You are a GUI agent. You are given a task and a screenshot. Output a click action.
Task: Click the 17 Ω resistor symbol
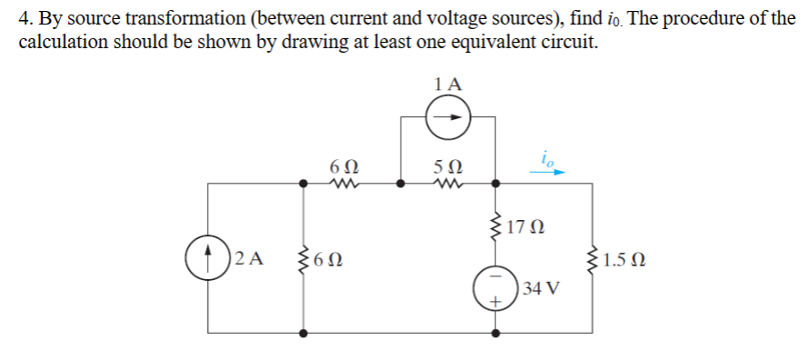coord(495,224)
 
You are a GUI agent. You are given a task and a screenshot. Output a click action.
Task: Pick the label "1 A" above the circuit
coord(448,84)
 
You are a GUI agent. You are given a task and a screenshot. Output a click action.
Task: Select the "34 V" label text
coord(542,289)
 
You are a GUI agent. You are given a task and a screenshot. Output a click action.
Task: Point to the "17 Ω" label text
coord(527,225)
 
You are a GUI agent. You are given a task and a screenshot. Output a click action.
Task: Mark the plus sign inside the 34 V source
coord(496,300)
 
